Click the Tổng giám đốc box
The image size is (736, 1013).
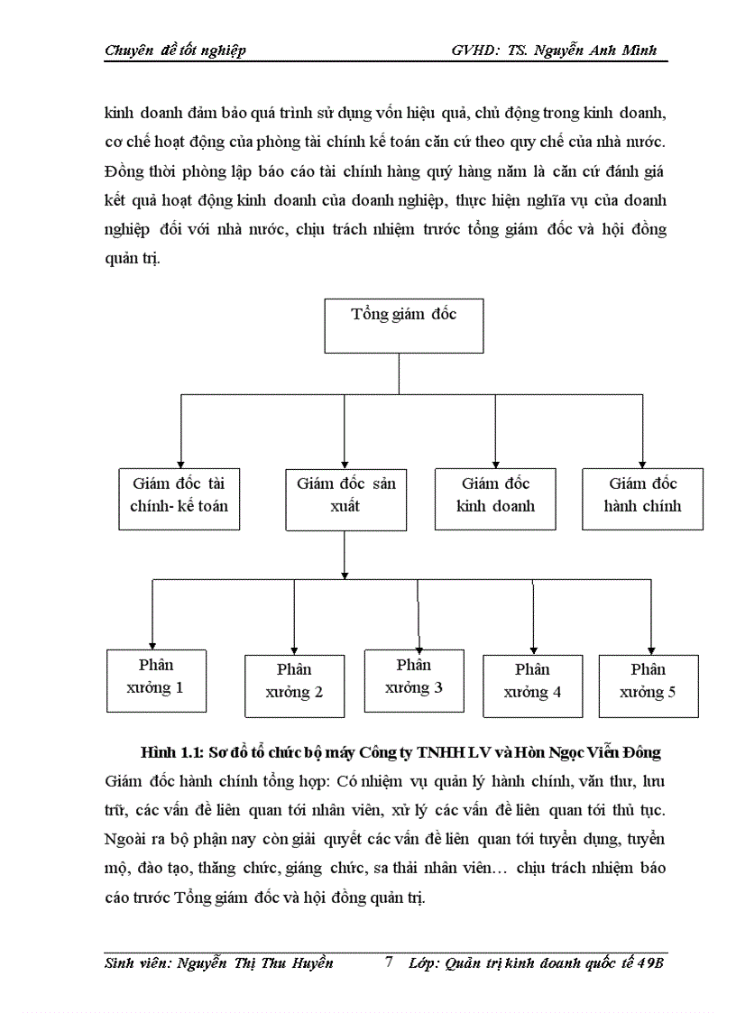coord(403,325)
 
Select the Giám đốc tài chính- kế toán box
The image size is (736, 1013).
coord(179,498)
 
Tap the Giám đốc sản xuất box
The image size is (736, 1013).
coord(345,498)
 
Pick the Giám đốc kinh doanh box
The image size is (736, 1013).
coord(495,498)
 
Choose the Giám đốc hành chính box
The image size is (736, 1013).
coord(642,498)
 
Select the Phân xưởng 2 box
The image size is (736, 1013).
coord(294,685)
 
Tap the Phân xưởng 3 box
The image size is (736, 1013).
coord(413,679)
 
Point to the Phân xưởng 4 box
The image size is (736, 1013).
coord(532,685)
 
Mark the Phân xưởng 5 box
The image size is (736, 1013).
coord(648,685)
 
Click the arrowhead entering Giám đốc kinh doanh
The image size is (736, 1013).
coord(495,461)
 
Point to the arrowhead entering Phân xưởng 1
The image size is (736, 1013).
coord(152,642)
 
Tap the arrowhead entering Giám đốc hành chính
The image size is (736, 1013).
coord(642,461)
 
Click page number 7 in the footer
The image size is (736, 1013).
coord(389,962)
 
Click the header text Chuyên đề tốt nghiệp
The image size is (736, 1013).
coord(175,51)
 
